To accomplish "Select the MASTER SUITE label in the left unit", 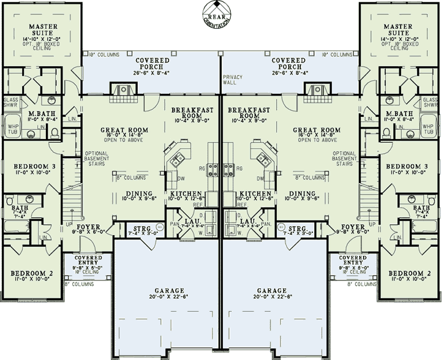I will pos(43,30).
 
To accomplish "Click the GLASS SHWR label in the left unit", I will pos(11,102).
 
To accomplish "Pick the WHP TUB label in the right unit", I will pos(431,129).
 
